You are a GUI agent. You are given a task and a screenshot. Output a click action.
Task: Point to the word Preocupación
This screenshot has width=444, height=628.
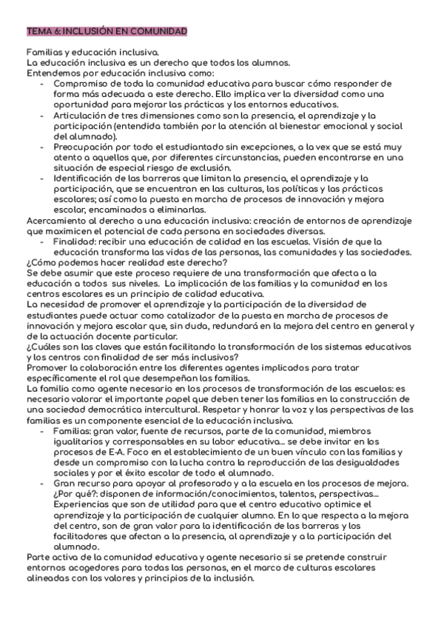tap(81, 147)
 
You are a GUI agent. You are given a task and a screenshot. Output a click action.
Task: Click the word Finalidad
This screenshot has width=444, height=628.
tap(73, 241)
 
